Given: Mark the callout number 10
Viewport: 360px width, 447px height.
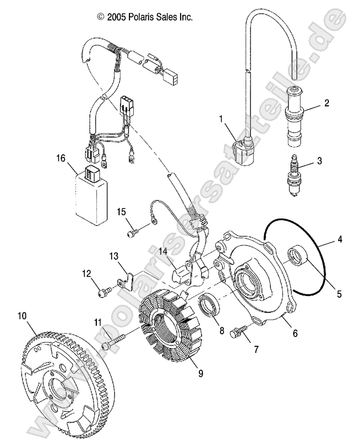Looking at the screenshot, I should pos(22,316).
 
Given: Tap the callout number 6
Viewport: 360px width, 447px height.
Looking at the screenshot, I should pos(295,333).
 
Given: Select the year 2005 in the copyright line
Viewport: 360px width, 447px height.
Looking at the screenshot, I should pos(116,17).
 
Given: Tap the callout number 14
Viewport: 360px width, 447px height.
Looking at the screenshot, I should pos(164,252).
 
